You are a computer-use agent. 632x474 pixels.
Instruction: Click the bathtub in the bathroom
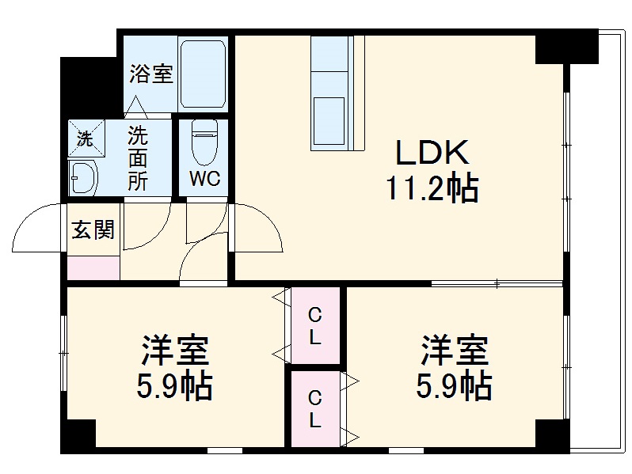[204, 74]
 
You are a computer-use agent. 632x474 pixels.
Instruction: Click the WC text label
[204, 177]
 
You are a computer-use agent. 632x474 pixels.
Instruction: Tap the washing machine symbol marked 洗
[84, 138]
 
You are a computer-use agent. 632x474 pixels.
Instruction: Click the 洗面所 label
[139, 157]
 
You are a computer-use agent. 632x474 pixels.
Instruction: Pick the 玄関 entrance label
[93, 230]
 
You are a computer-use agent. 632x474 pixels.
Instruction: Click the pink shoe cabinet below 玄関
[93, 267]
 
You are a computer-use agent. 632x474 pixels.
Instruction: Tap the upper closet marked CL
[315, 324]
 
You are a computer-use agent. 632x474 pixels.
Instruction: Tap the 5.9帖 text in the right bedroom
[455, 386]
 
